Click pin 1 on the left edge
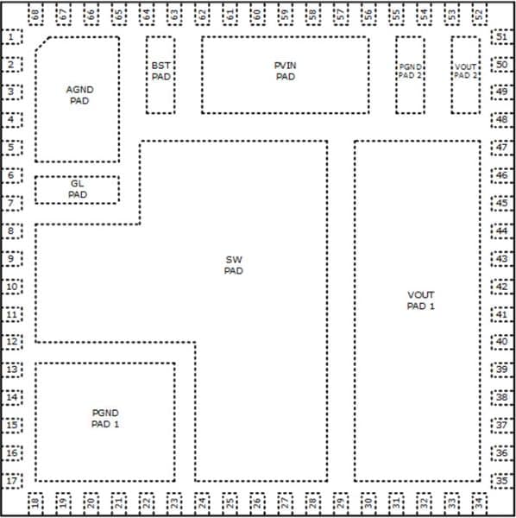pyautogui.click(x=12, y=36)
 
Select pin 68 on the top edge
pyautogui.click(x=35, y=15)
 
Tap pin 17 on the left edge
pyautogui.click(x=12, y=481)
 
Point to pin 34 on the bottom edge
pyautogui.click(x=480, y=502)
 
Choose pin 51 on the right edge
pyautogui.click(x=502, y=36)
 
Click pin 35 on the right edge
pyautogui.click(x=502, y=481)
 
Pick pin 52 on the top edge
pyautogui.click(x=480, y=15)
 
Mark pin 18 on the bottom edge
pyautogui.click(x=35, y=502)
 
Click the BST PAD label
pyautogui.click(x=160, y=71)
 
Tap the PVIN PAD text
pyautogui.click(x=286, y=71)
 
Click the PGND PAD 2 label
pyautogui.click(x=410, y=71)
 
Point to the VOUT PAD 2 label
pyautogui.click(x=465, y=71)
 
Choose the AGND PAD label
pyautogui.click(x=79, y=95)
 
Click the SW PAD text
pyautogui.click(x=234, y=265)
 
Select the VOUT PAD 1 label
pyautogui.click(x=420, y=300)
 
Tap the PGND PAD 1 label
pyautogui.click(x=105, y=418)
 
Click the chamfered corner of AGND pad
pyautogui.click(x=42, y=44)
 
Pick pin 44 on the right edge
pyautogui.click(x=502, y=231)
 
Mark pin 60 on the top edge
pyautogui.click(x=257, y=15)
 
